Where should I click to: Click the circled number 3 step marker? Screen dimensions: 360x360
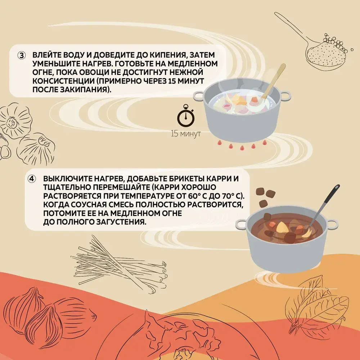(x=22, y=55)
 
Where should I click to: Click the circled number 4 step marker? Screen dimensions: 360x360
(x=32, y=179)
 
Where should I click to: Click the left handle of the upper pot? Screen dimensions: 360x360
(x=198, y=96)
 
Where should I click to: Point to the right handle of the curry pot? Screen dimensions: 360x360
(x=332, y=224)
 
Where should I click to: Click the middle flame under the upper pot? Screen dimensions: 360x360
(x=242, y=147)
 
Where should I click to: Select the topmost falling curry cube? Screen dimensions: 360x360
(x=260, y=191)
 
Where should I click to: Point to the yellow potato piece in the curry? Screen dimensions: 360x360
(x=282, y=228)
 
